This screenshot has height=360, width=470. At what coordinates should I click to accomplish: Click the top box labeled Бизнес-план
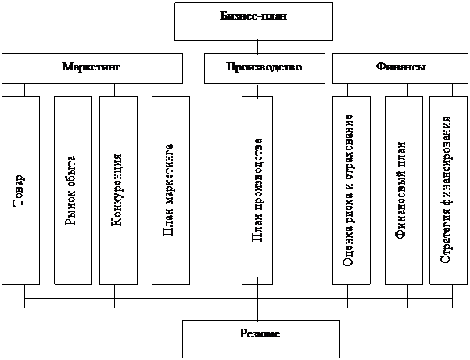click(x=244, y=21)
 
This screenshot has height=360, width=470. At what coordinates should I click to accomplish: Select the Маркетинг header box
click(x=91, y=68)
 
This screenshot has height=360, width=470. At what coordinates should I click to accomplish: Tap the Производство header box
click(x=264, y=68)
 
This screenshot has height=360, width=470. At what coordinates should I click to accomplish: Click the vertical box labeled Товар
click(x=20, y=190)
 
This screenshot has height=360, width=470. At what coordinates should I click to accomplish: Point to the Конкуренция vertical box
click(x=118, y=190)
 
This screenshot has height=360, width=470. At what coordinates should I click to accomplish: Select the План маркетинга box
click(x=170, y=190)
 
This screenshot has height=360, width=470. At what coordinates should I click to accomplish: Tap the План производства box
click(x=261, y=190)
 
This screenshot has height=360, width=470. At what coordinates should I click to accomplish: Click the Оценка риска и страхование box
click(x=350, y=190)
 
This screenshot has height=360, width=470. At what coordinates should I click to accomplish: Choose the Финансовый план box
click(x=402, y=190)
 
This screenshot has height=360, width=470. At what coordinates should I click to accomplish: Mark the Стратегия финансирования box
click(x=447, y=190)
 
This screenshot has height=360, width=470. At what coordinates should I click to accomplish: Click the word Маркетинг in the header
click(x=91, y=67)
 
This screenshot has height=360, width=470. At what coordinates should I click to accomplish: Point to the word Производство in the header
click(x=264, y=67)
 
